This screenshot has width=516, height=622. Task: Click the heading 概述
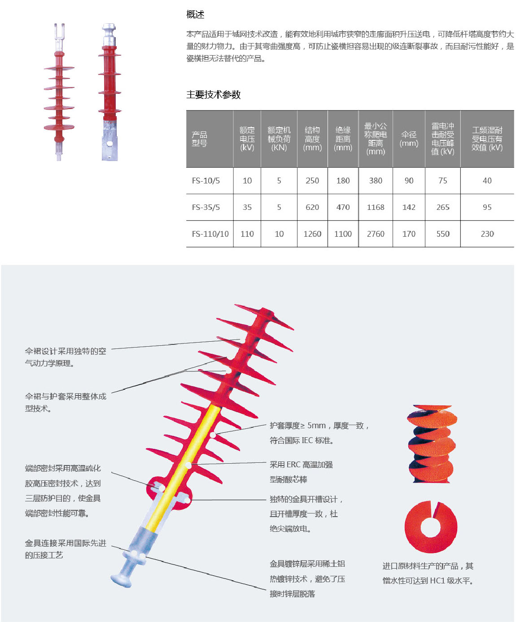click(x=195, y=15)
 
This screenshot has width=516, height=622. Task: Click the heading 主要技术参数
click(x=214, y=95)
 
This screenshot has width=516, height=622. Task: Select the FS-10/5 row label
click(x=206, y=181)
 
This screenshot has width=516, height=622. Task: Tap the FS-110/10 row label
click(x=210, y=234)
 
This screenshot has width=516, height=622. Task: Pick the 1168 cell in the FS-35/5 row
click(x=376, y=207)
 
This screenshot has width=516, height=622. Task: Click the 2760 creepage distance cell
click(x=376, y=234)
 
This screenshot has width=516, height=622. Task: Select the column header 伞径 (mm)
click(x=409, y=139)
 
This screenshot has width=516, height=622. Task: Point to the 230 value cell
click(x=487, y=234)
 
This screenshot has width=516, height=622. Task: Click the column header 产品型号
click(x=200, y=139)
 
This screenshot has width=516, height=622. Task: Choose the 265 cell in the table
click(x=443, y=207)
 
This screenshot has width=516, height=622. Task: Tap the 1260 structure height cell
click(x=312, y=234)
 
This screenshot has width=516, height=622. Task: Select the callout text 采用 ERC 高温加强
click(x=301, y=465)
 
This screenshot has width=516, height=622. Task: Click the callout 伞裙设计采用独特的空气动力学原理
click(x=66, y=357)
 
